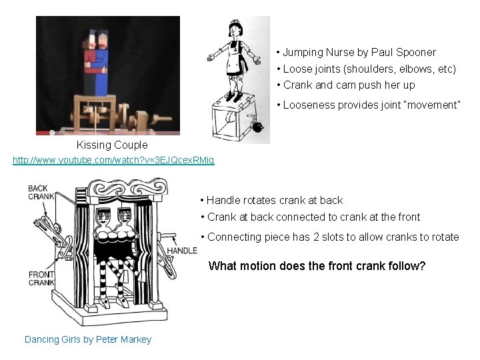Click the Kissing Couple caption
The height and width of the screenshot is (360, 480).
click(112, 145)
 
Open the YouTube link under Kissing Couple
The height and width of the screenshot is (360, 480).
click(113, 161)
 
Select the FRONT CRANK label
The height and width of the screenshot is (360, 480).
click(41, 279)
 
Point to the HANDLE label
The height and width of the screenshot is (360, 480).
click(181, 251)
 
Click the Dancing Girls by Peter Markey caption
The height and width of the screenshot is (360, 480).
click(88, 339)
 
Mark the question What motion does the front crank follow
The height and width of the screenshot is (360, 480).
click(317, 266)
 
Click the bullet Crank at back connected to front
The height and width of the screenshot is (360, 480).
click(313, 217)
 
